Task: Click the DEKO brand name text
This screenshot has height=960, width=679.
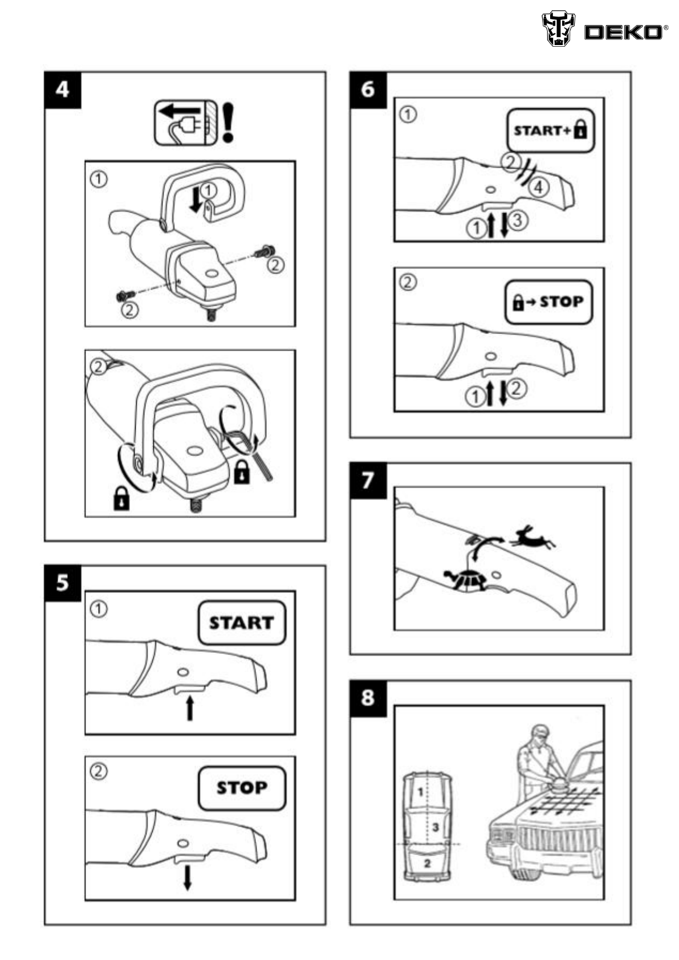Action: click(x=623, y=32)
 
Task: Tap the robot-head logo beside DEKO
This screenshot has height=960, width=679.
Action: click(x=558, y=29)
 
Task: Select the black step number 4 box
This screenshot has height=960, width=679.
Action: click(x=63, y=90)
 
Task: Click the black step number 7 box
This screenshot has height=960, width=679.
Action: click(x=368, y=481)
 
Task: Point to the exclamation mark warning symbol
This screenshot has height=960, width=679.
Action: click(x=228, y=122)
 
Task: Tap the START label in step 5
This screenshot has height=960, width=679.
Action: click(x=242, y=623)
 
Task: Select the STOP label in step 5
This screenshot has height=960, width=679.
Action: click(x=242, y=788)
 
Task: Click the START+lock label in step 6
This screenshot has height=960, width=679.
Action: click(x=550, y=130)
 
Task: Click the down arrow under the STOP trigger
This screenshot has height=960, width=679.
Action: click(x=187, y=877)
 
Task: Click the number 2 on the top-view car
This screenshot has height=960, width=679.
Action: click(x=427, y=863)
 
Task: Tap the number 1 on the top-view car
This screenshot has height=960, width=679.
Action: click(x=420, y=791)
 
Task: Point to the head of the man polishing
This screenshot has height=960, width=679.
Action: click(x=539, y=735)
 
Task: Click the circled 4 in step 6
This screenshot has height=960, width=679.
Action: click(x=539, y=186)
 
